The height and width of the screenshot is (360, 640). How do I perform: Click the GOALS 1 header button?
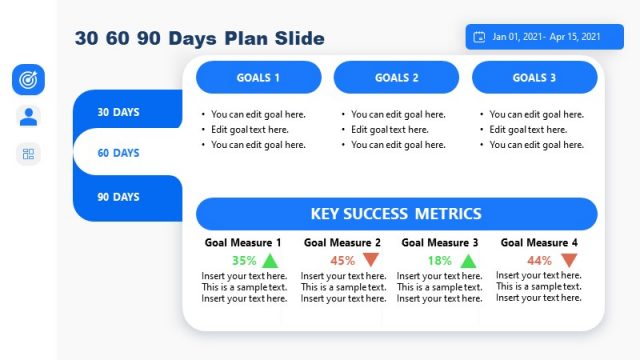click(x=258, y=78)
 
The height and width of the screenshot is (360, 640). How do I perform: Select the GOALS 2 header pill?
click(x=397, y=78)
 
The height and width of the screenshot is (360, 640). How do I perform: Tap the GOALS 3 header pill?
click(x=535, y=78)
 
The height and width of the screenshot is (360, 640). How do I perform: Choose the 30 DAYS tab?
click(x=119, y=112)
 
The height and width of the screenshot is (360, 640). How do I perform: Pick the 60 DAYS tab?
click(x=119, y=153)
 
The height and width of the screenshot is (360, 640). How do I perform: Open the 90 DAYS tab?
click(x=119, y=197)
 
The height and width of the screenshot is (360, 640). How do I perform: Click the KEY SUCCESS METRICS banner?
click(x=396, y=214)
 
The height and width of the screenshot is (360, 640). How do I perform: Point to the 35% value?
click(x=244, y=261)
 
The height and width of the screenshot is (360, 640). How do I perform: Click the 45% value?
click(x=343, y=261)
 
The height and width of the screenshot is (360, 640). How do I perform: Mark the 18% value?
click(x=439, y=261)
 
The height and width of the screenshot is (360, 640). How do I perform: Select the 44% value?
click(x=540, y=261)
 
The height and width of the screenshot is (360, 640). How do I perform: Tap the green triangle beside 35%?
click(x=270, y=261)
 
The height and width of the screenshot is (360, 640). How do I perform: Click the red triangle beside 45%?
click(x=371, y=261)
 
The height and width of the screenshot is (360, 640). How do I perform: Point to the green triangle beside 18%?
click(x=467, y=261)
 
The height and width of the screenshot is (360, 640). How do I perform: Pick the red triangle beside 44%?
click(x=568, y=261)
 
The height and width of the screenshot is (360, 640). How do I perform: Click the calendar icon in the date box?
click(x=479, y=37)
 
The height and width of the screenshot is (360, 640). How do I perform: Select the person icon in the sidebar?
click(x=28, y=116)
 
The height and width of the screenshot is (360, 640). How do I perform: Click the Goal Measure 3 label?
click(x=440, y=243)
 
